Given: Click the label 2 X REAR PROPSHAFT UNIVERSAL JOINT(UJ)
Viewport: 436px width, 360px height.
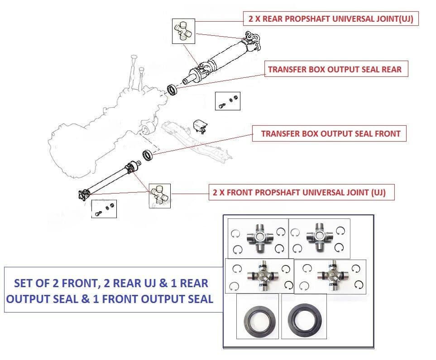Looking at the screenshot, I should (331, 19).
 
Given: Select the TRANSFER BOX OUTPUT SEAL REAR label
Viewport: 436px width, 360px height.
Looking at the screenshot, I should (335, 70).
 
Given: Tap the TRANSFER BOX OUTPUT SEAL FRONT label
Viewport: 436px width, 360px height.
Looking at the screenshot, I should (331, 134).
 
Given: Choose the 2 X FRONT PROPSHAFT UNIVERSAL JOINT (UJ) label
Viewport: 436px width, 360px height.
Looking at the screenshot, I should (299, 192).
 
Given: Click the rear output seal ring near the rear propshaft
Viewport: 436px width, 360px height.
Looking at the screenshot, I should (172, 89).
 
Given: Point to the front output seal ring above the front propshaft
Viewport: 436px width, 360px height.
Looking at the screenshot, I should (148, 155).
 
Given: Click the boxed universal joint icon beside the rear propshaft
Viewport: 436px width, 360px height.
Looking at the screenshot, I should (183, 32).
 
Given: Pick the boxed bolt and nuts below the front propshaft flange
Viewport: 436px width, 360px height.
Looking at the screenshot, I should (104, 209).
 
